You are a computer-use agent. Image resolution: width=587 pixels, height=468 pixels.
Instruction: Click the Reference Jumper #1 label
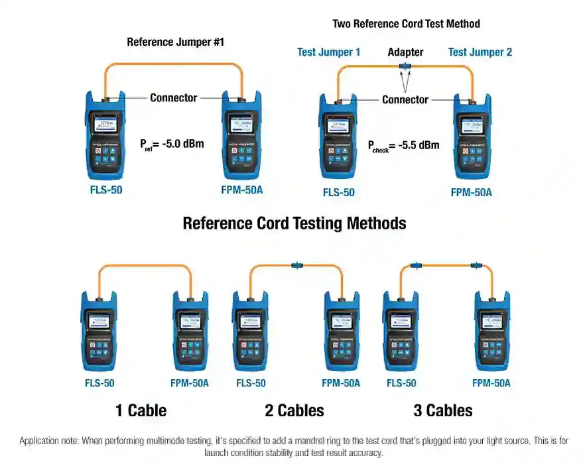coord(176,42)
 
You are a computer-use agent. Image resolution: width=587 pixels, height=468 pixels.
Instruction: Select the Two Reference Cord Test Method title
coord(406,23)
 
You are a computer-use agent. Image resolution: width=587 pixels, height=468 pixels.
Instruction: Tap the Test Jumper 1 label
coord(329,52)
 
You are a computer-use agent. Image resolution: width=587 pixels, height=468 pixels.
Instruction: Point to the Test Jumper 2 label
coord(480,52)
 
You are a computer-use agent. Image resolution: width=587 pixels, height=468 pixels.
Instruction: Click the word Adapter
coord(405,52)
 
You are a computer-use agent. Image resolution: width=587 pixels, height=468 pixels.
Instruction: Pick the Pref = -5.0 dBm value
coord(172,143)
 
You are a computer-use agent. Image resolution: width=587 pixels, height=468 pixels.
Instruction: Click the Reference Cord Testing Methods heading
coord(294,223)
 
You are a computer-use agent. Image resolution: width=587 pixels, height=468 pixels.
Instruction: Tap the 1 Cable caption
coord(141,410)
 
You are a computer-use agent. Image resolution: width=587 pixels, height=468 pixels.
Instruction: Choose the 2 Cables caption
coord(294,410)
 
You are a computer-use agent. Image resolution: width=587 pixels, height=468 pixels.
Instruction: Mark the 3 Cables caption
coord(443,410)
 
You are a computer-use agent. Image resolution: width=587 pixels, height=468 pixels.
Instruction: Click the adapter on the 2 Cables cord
coord(296,266)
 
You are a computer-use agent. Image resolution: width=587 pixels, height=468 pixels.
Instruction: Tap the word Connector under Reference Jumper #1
coord(173,97)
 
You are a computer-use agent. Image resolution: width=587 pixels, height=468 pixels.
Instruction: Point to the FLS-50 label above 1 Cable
coord(99,383)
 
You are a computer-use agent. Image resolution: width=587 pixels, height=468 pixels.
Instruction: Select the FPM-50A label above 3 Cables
coord(491,383)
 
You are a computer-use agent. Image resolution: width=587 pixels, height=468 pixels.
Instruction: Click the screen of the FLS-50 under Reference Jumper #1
coord(104,125)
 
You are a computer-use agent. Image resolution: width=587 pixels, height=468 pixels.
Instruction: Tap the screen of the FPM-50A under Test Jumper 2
coord(472,127)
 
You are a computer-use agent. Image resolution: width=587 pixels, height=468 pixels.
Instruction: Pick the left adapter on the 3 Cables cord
coord(416,265)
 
